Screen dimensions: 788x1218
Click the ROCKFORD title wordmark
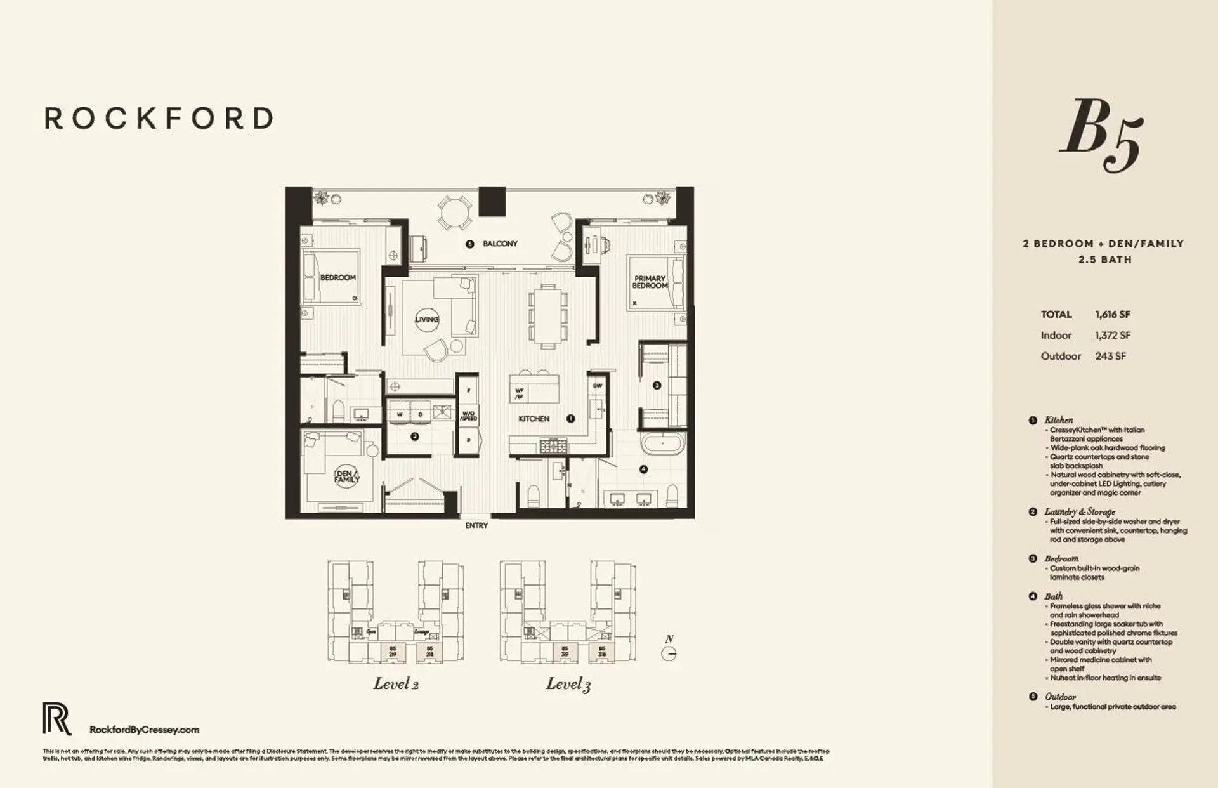coord(159,119)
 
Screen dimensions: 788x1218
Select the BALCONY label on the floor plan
coord(500,244)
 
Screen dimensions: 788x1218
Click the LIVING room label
coord(427,319)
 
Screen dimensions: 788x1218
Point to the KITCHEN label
coord(534,419)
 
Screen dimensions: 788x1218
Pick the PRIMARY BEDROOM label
coord(650,282)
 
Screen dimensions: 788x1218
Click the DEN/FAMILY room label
coord(346,476)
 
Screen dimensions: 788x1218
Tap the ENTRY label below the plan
coord(476,525)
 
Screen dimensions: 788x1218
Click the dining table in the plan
coord(546,316)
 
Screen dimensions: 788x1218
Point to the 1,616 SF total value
coord(1112,314)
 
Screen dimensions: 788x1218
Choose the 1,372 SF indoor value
coord(1112,335)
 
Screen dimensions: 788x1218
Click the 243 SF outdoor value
coord(1110,356)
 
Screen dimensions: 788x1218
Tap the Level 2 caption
coord(396,684)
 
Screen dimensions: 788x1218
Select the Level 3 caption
coord(568,684)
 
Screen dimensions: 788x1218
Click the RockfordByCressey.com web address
coord(145,730)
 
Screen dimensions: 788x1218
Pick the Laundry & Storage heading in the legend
coord(1080,511)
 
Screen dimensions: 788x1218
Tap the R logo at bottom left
coord(56,719)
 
